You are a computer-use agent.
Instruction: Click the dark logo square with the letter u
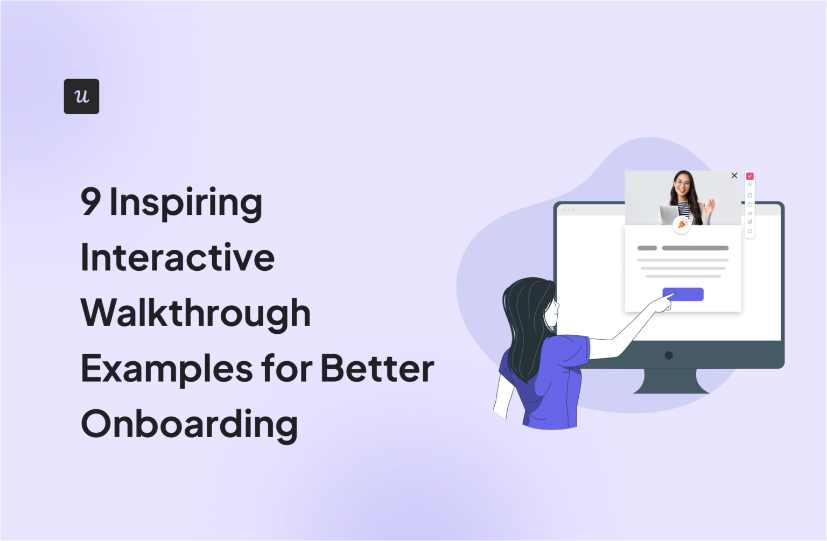click(x=81, y=96)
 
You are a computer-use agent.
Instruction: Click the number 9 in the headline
click(x=90, y=202)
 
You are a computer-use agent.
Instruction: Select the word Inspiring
click(x=186, y=203)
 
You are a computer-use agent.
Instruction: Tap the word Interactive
click(x=178, y=257)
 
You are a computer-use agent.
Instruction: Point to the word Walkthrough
click(x=196, y=313)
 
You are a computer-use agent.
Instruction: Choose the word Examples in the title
click(x=167, y=369)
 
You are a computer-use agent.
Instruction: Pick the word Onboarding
click(x=189, y=424)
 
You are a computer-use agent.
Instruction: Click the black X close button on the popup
click(x=734, y=175)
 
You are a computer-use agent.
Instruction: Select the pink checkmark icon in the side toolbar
click(x=750, y=176)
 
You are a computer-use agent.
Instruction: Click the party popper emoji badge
click(x=682, y=223)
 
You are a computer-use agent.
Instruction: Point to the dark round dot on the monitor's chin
click(x=669, y=355)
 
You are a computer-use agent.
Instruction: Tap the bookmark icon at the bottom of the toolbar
click(x=750, y=231)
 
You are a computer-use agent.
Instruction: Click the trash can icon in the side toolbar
click(x=750, y=195)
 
